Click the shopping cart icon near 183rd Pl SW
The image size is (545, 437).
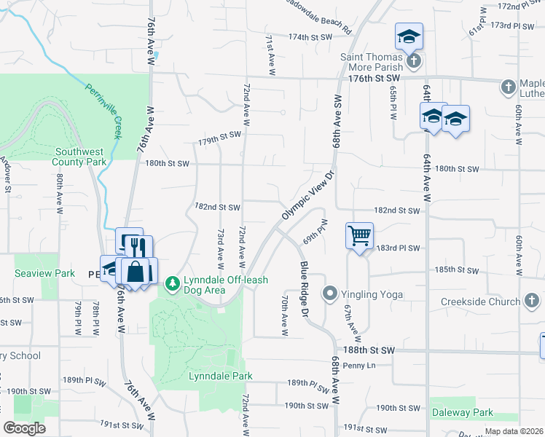[359, 236]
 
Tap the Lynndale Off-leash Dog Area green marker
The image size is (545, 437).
[172, 283]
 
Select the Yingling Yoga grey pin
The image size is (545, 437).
[330, 294]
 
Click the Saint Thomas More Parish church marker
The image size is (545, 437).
[414, 60]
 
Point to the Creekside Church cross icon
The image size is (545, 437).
[533, 301]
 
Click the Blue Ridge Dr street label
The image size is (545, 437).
[304, 288]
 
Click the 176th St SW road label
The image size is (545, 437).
[375, 78]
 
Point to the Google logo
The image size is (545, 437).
[24, 428]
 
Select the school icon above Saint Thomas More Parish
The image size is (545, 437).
[409, 36]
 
